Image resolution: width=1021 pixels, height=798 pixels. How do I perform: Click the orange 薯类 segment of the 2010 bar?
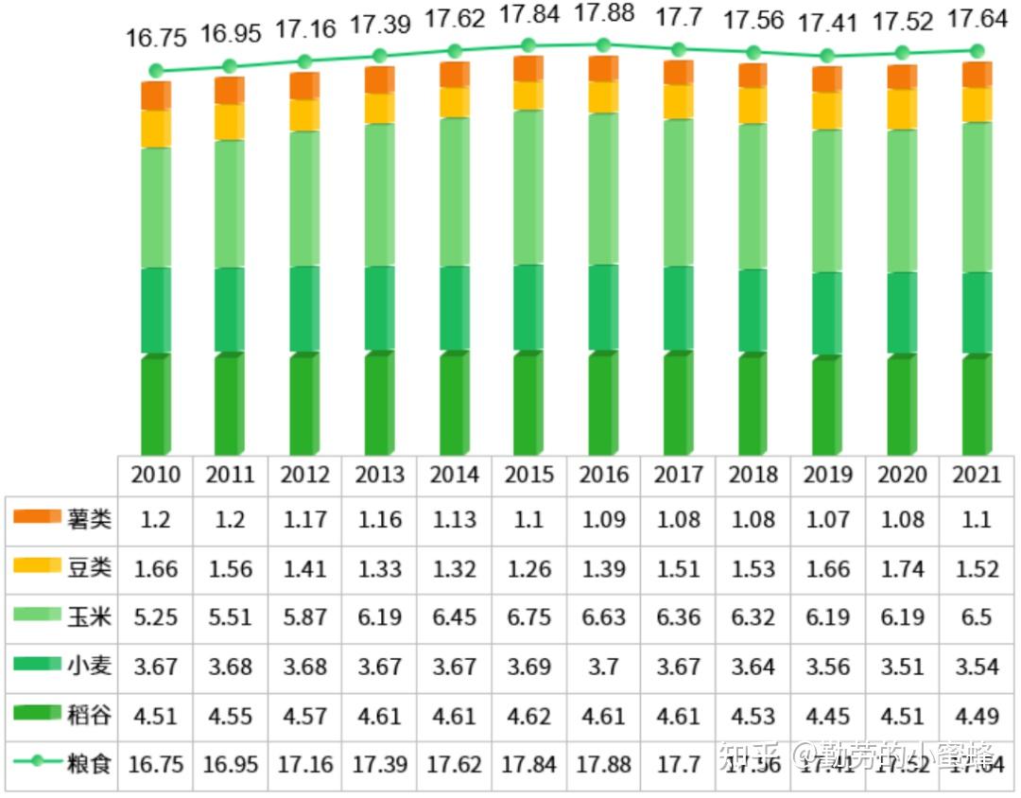(x=155, y=96)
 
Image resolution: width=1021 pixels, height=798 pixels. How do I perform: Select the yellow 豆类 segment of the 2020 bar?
(x=902, y=110)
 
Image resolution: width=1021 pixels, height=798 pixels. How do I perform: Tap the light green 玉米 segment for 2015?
(x=528, y=187)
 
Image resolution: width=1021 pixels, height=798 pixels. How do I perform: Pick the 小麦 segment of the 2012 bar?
(x=304, y=309)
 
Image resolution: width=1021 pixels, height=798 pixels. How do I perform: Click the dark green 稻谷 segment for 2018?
(x=753, y=405)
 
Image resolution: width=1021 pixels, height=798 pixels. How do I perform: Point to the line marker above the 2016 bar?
(x=603, y=44)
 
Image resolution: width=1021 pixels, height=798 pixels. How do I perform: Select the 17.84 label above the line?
(x=528, y=15)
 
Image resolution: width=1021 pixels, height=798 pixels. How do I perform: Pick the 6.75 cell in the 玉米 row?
(x=528, y=617)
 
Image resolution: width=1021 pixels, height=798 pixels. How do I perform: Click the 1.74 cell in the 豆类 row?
(x=902, y=568)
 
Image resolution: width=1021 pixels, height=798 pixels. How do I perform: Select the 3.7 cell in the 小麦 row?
(x=603, y=667)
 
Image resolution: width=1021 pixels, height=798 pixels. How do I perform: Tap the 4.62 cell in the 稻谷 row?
(x=528, y=715)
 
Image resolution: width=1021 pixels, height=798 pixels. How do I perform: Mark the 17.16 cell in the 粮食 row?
(x=304, y=764)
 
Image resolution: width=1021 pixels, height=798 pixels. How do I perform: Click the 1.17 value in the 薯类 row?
(x=304, y=519)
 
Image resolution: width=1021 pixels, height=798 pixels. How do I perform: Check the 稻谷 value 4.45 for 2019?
(x=827, y=715)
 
